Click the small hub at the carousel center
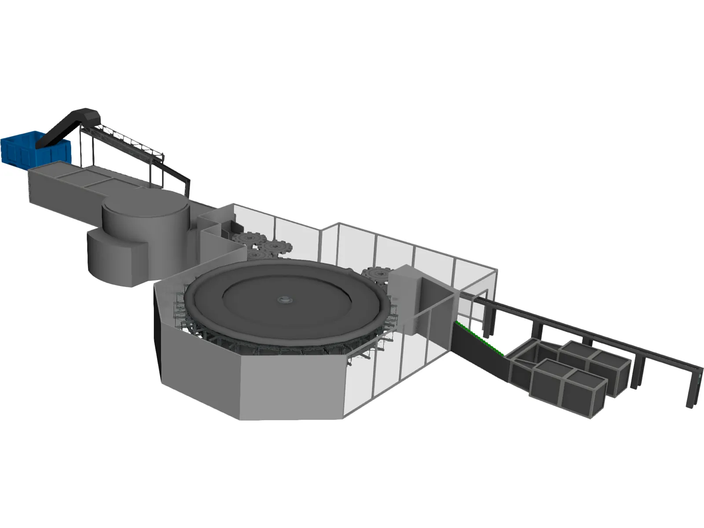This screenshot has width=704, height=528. tap(285, 300)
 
